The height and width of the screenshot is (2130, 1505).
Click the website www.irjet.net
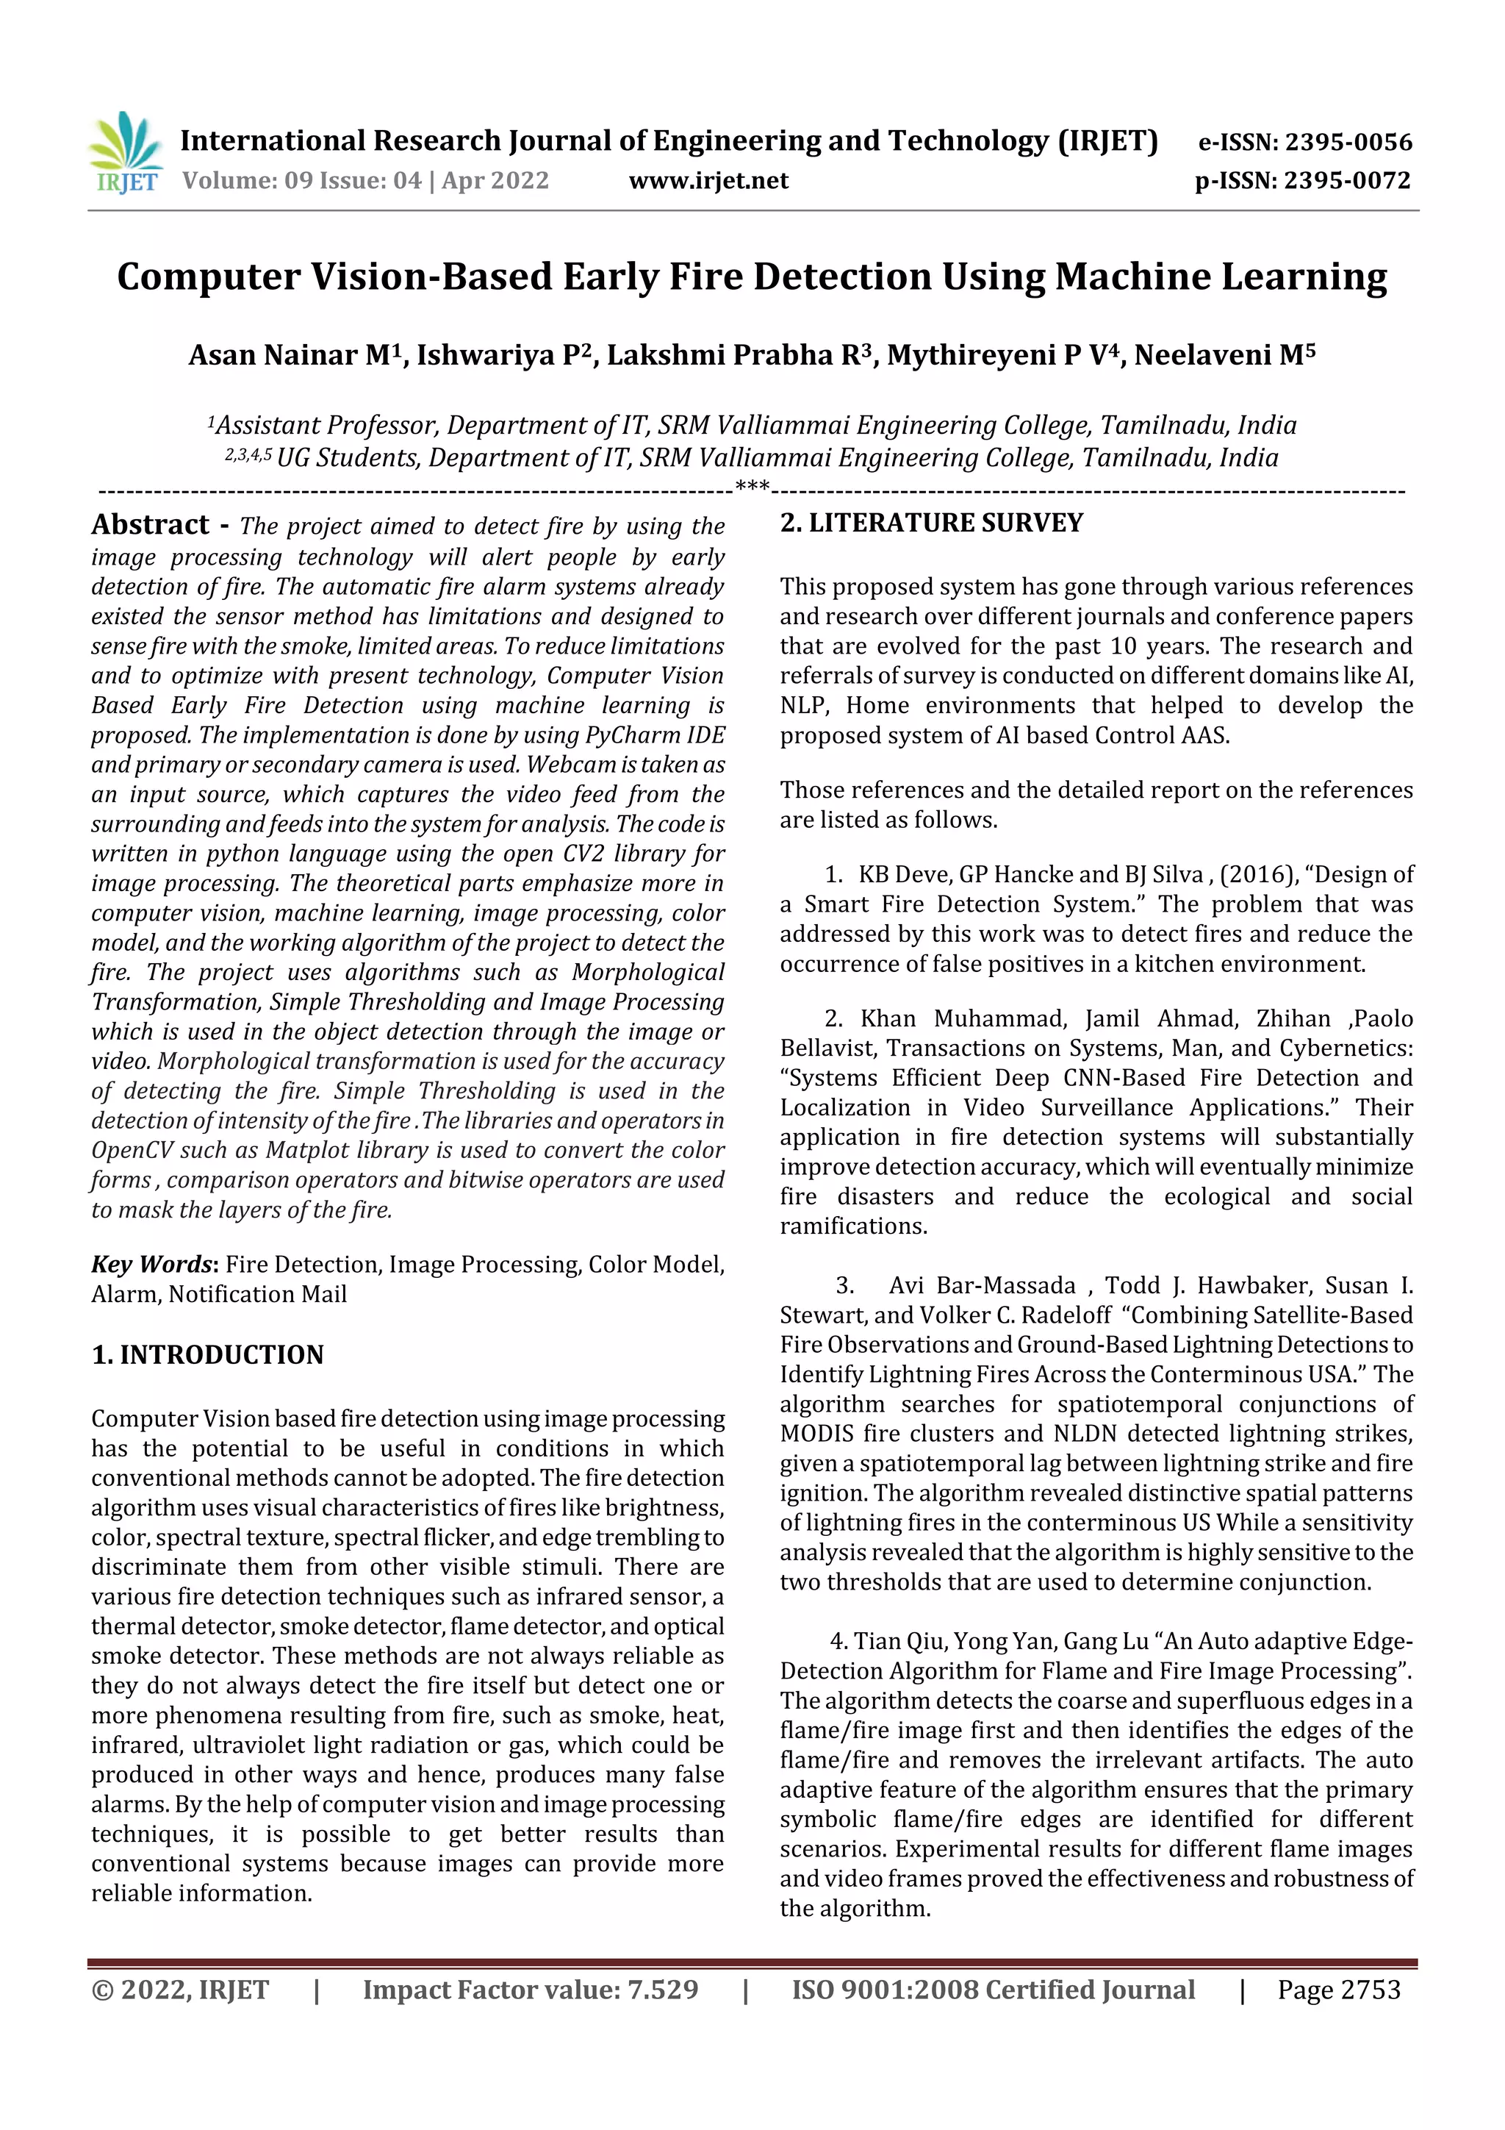708,180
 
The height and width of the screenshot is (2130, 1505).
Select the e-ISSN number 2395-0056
1347,142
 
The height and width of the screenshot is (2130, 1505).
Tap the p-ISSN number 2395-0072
1347,180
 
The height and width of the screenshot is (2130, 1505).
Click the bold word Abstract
150,525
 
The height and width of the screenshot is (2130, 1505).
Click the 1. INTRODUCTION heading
208,1354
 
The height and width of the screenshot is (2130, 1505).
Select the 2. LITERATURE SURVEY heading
931,523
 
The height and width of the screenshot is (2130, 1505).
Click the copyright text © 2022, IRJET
180,1990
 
